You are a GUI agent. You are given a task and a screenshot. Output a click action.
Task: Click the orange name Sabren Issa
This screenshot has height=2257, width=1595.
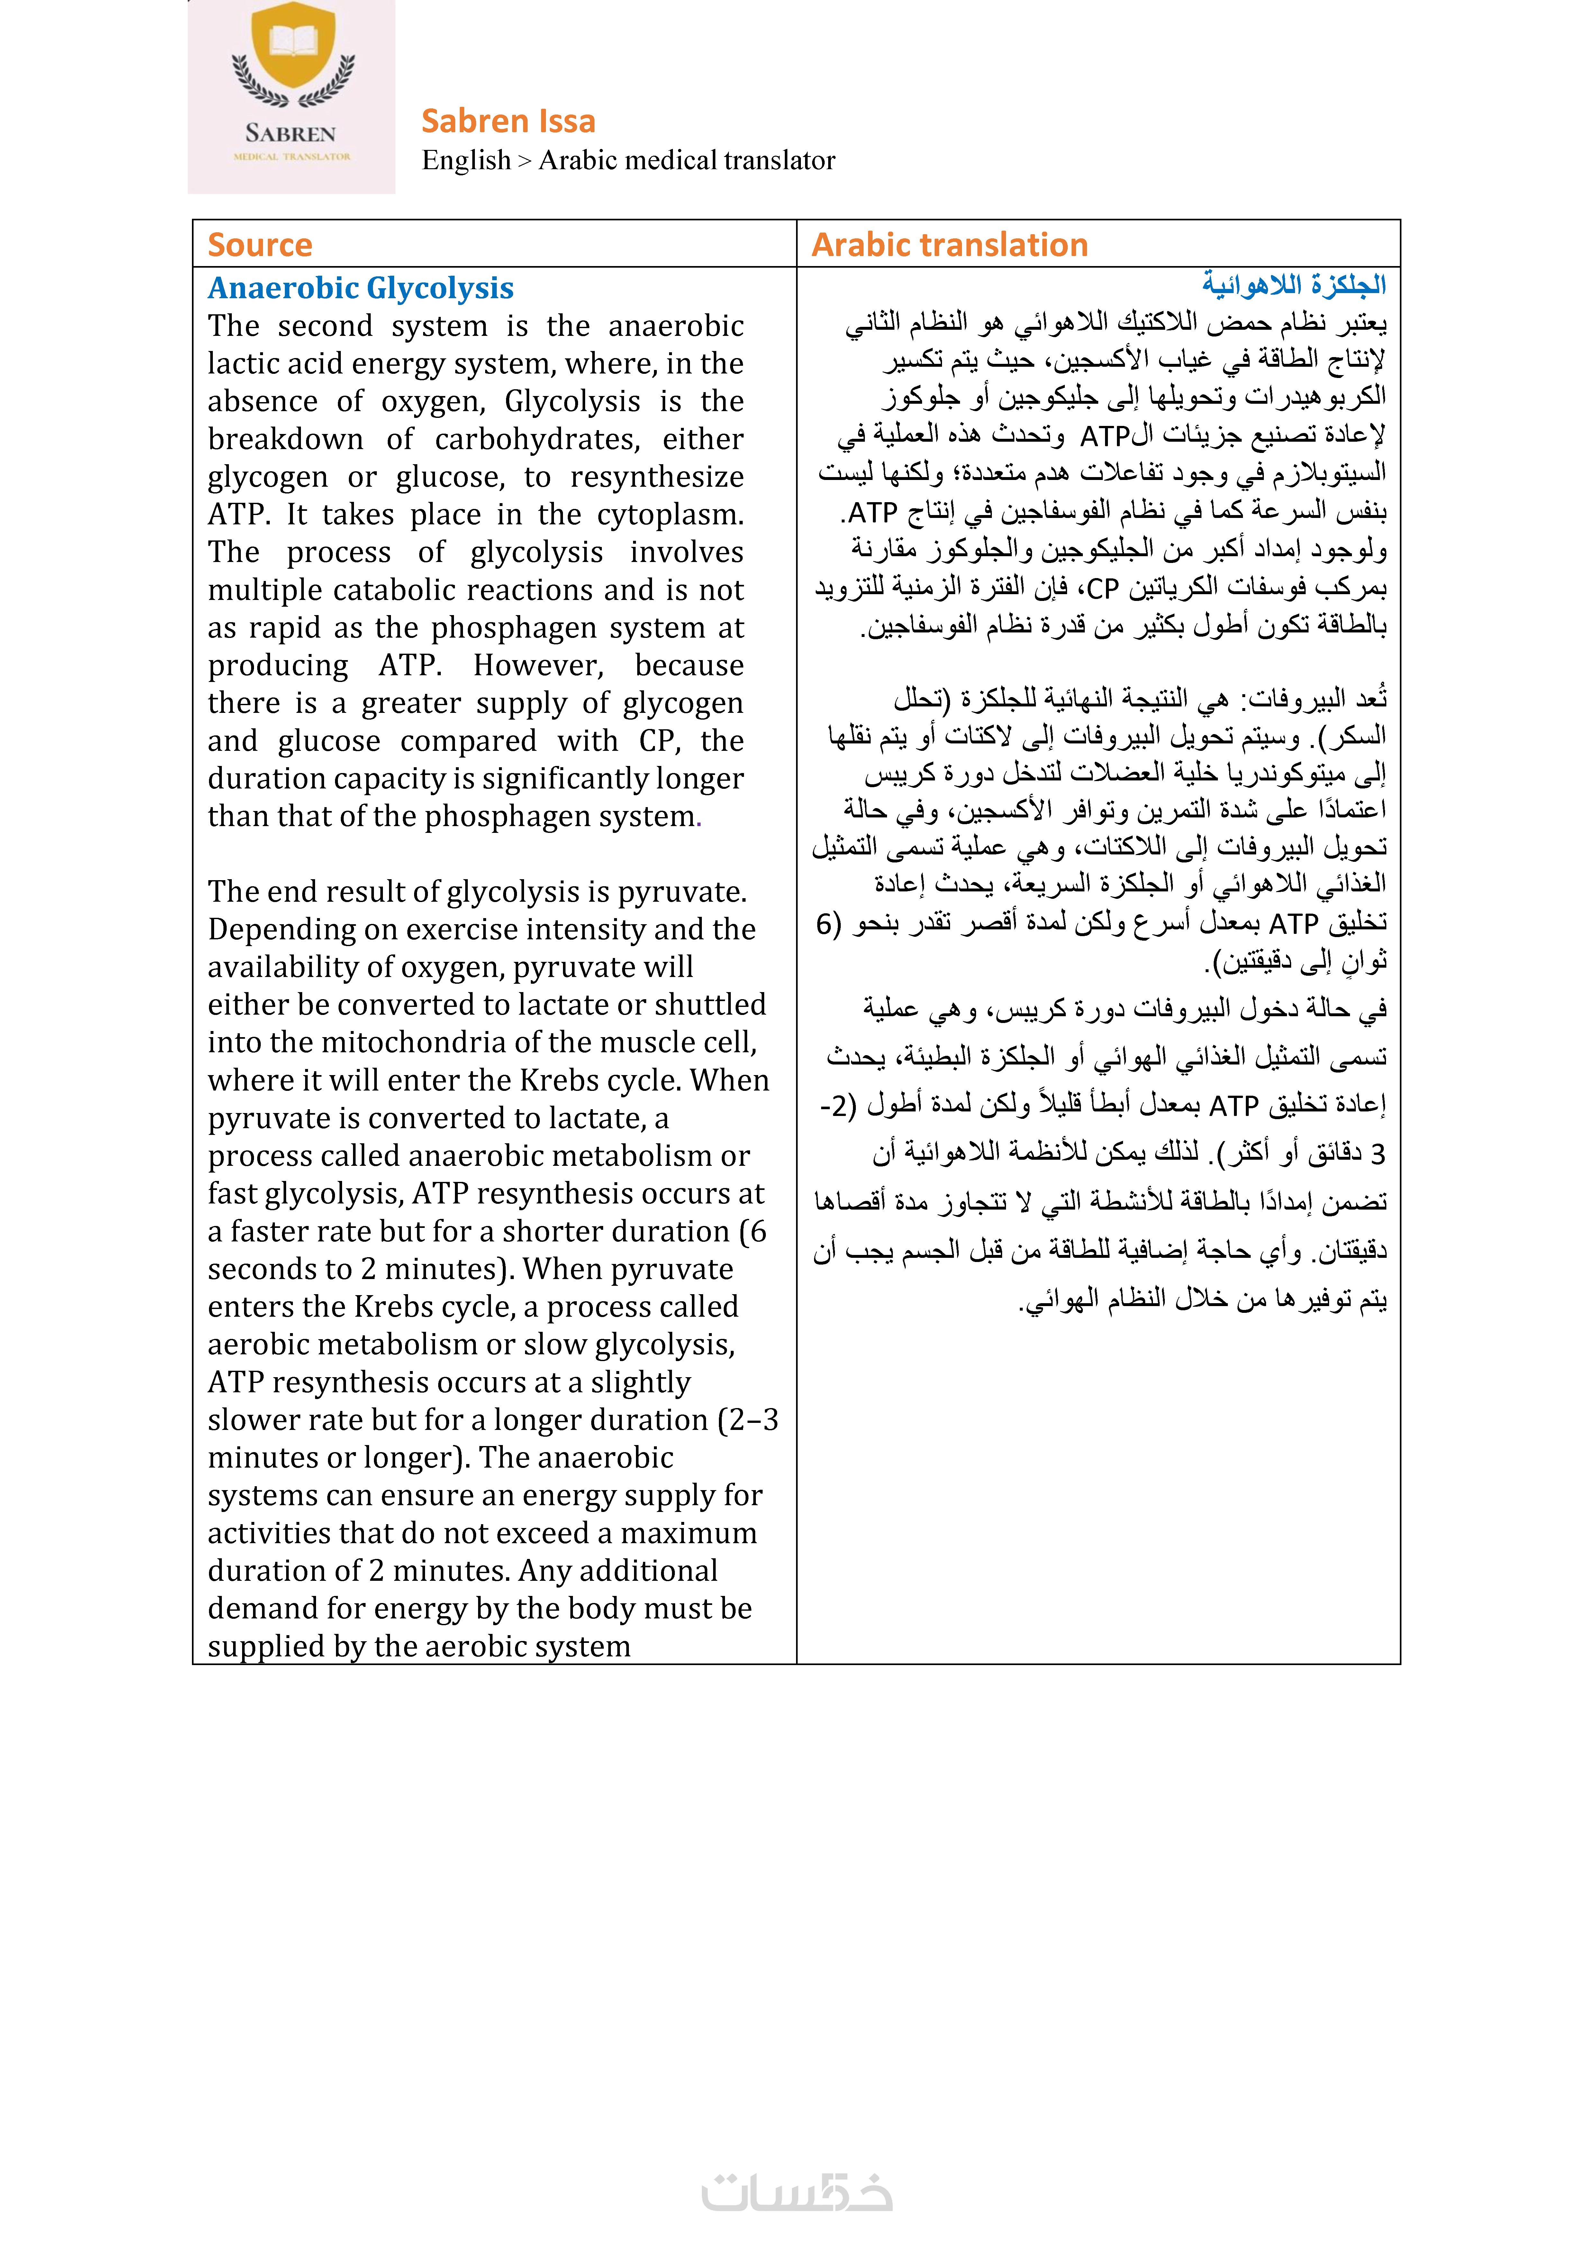pos(508,121)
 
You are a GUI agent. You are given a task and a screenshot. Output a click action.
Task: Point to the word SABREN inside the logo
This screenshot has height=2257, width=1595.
pos(291,134)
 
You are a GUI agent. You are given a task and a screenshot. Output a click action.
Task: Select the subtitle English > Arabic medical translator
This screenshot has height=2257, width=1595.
pos(628,160)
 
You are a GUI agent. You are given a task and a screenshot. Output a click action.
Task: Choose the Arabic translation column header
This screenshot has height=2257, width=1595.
pos(949,245)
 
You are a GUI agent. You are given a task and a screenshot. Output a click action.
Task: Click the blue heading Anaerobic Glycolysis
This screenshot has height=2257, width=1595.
pos(361,288)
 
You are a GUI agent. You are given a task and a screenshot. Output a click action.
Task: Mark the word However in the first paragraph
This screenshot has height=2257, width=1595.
pos(539,666)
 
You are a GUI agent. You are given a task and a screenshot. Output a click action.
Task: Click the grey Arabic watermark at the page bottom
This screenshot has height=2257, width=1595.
pos(797,2192)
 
